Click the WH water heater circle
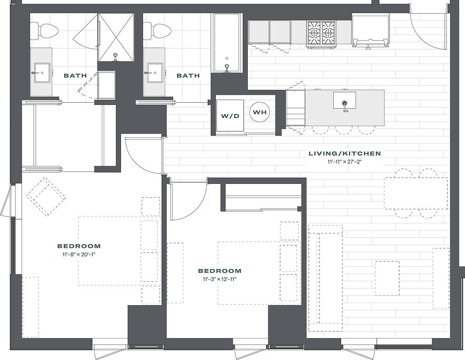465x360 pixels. pos(259,113)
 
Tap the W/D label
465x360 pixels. pos(230,115)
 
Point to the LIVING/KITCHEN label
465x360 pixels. pos(344,153)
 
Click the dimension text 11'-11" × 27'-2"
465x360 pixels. pos(344,162)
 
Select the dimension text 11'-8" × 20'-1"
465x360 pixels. pos(79,254)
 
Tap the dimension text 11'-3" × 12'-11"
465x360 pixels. pos(220,279)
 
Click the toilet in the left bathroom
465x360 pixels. pos(44,31)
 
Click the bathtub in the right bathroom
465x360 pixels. pos(227,43)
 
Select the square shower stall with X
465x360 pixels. pos(115,37)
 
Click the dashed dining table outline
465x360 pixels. pos(416,193)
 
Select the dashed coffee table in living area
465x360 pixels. pos(387,278)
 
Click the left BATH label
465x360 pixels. pos(75,75)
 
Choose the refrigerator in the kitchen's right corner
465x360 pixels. pos(371,30)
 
